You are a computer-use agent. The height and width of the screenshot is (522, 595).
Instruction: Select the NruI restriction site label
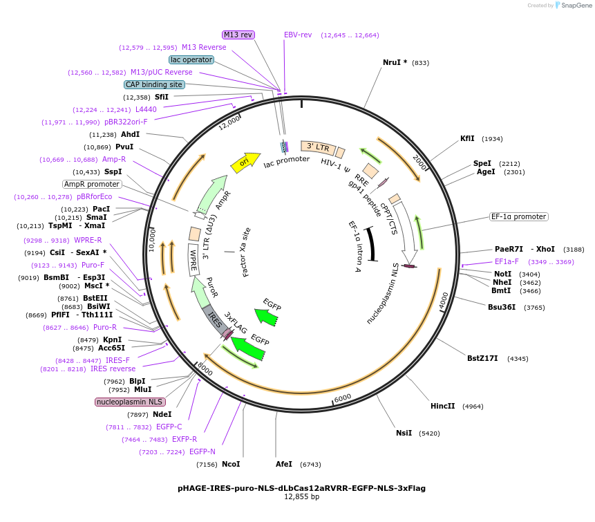coord(395,63)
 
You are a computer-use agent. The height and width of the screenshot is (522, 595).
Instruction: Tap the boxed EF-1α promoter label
coord(518,216)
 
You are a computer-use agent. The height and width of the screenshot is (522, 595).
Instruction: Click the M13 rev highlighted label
coord(238,35)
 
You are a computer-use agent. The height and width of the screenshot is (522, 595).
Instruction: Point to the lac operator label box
coord(191,59)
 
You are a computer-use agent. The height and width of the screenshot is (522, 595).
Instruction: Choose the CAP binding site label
coord(154,84)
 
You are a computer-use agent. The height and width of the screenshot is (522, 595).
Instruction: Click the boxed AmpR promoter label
coord(92,184)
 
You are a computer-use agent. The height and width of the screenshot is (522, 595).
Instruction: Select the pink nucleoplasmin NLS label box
coord(130,402)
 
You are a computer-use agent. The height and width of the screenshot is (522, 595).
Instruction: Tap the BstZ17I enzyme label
coord(482,358)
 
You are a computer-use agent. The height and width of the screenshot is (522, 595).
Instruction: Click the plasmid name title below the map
coord(301,487)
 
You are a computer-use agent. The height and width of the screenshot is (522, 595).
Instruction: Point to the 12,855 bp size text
coord(301,496)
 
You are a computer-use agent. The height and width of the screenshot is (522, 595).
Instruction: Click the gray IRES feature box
coord(215,319)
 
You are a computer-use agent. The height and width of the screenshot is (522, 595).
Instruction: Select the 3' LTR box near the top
coord(318,147)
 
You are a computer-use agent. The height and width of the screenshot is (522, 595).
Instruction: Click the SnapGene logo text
coord(575,5)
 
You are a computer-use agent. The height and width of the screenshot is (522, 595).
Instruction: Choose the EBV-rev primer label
coord(298,35)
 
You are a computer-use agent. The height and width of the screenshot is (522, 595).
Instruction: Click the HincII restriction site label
coord(442,406)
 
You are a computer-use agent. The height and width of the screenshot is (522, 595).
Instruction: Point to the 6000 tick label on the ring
coord(343,397)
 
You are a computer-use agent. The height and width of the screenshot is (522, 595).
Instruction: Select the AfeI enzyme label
coord(284,464)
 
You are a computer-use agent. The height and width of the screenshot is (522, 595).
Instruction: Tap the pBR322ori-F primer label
coord(126,122)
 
